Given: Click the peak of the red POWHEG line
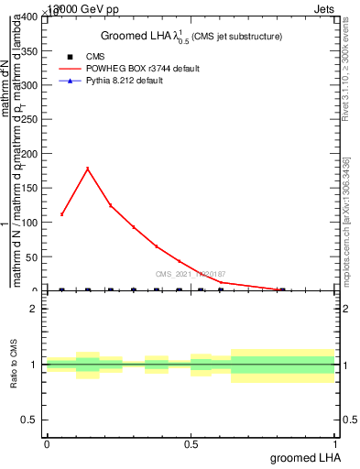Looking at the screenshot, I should (x=87, y=169).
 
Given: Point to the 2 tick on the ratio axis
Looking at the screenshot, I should (x=33, y=309).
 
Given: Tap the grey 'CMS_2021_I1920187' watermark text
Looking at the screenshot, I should (x=191, y=274).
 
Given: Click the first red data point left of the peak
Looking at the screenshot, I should (x=61, y=213).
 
